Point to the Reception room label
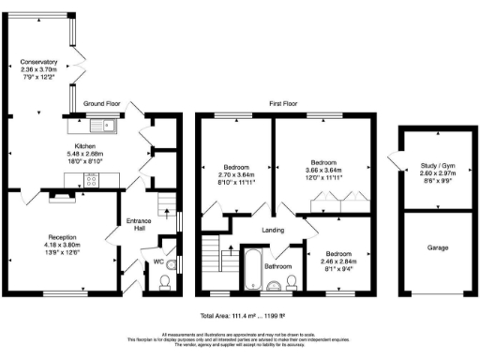(x=64, y=237)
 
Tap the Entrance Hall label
(x=139, y=224)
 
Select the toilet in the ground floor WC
(x=166, y=279)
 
